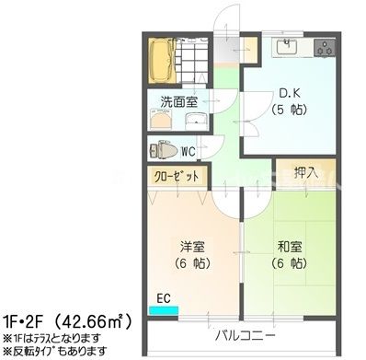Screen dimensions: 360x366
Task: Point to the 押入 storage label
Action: (x=305, y=172)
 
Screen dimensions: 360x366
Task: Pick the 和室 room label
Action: (x=290, y=246)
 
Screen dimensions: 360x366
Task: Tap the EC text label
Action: (x=164, y=296)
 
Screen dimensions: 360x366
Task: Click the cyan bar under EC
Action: (x=166, y=310)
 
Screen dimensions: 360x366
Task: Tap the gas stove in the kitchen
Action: (x=326, y=46)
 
